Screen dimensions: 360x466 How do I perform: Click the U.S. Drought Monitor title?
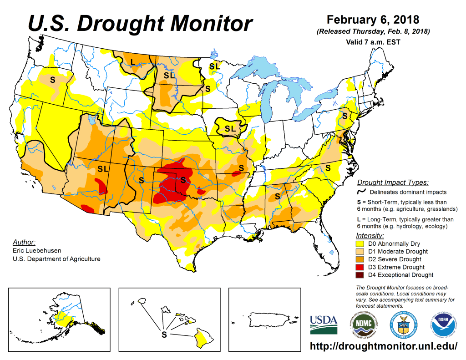coord(140,22)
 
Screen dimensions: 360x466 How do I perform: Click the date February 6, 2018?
coord(373,20)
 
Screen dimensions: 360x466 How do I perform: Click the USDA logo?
coord(324,325)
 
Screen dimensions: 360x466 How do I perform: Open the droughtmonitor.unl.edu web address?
coord(383,346)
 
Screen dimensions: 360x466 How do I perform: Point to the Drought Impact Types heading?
coord(392,183)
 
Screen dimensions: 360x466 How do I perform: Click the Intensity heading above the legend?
coord(370,236)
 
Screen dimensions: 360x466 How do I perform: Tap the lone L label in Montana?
coord(132,62)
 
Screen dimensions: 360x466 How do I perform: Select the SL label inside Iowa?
coord(230,128)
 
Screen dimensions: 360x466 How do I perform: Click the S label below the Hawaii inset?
coord(164,335)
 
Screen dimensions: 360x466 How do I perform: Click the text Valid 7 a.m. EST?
coord(373,42)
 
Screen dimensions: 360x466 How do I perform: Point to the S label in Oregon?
coord(52,79)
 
